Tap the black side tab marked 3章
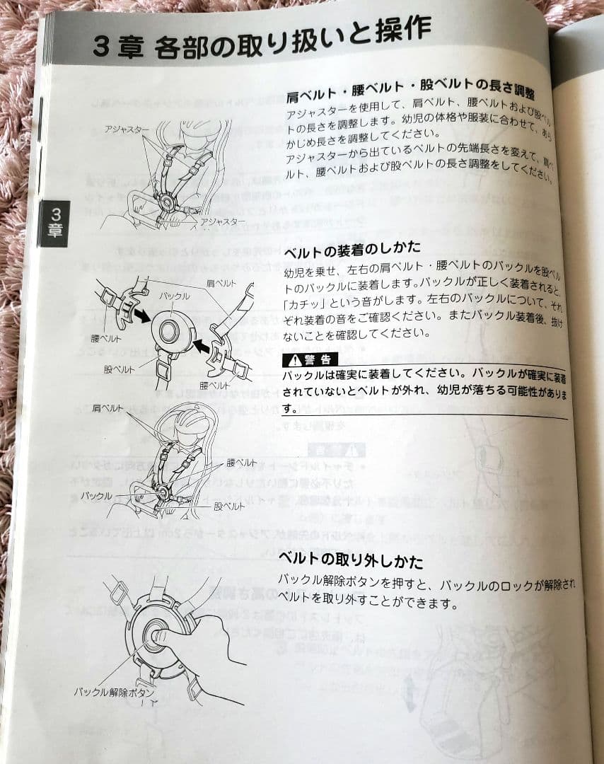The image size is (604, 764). (57, 223)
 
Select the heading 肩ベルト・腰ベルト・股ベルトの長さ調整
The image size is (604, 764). (410, 92)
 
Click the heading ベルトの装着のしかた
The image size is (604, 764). (352, 248)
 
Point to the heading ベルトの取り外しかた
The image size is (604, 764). (351, 561)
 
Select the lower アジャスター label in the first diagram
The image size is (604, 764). (223, 221)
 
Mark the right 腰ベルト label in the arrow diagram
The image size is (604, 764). (214, 386)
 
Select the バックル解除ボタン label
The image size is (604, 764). (114, 692)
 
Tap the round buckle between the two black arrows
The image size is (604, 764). (172, 330)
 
